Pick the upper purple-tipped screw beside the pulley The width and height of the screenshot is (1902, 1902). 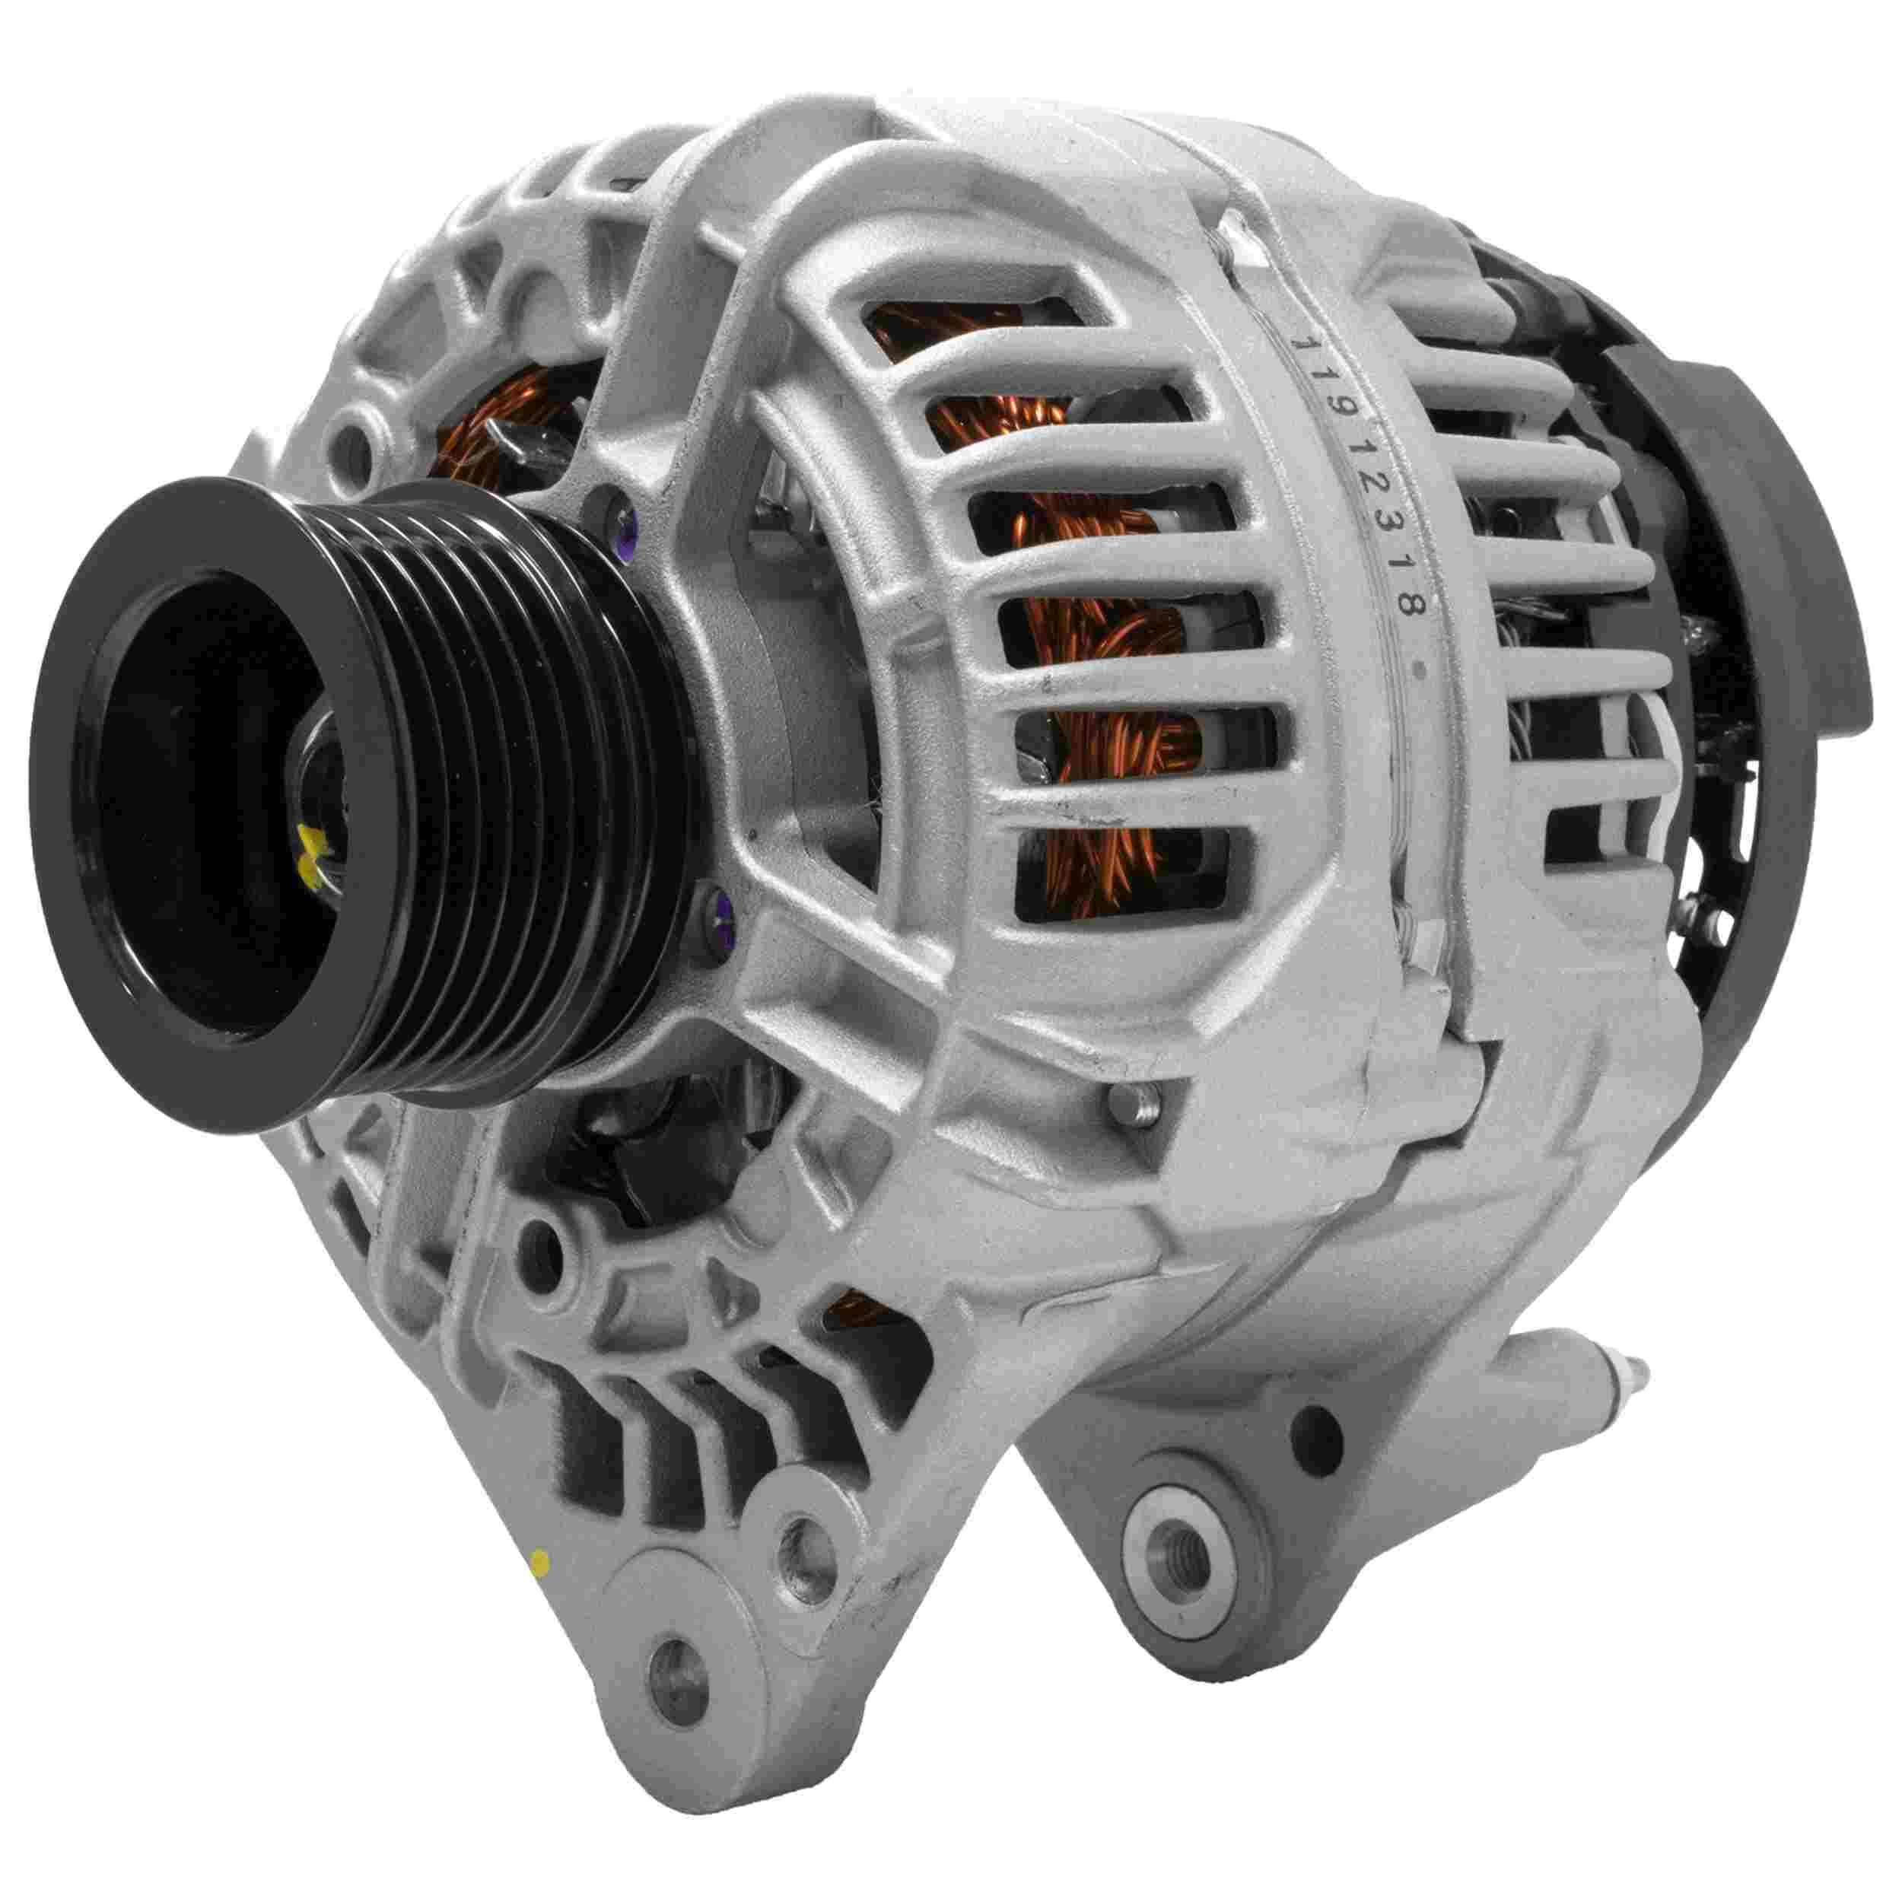622,513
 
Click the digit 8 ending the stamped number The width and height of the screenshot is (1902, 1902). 1410,603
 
